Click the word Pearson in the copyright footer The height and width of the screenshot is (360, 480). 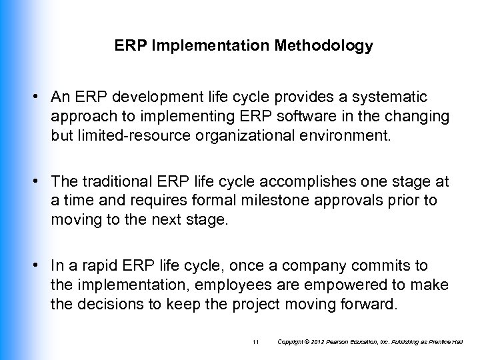coord(335,342)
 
